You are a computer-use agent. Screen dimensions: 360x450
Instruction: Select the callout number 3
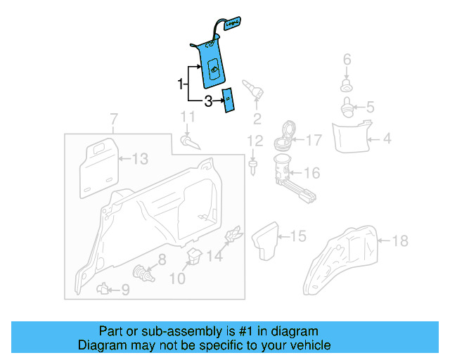tap(208, 102)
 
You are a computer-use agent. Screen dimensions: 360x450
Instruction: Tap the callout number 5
tap(371, 108)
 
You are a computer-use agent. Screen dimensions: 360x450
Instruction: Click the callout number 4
tap(387, 139)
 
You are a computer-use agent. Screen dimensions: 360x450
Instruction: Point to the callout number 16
tap(312, 173)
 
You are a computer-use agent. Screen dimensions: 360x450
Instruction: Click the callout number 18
tap(399, 241)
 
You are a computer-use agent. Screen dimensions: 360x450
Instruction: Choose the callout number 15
tap(299, 236)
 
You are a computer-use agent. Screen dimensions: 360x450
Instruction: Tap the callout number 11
tap(186, 117)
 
